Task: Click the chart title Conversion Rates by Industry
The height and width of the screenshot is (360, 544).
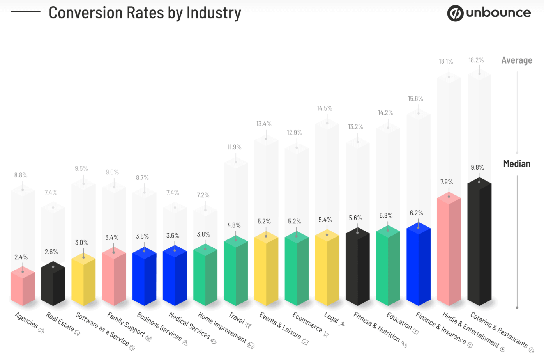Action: pos(145,13)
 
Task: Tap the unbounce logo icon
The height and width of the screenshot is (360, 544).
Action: pos(455,13)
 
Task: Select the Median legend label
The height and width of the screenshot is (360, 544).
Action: pos(516,164)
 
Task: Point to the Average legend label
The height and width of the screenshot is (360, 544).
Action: pos(516,60)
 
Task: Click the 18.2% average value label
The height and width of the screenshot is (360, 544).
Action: pos(476,60)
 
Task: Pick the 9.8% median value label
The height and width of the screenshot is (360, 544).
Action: pos(477,167)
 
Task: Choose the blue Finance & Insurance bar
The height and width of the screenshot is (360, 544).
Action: pos(418,265)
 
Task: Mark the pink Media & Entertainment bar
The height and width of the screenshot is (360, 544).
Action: pos(449,250)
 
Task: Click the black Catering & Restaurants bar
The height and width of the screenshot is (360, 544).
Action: pos(479,242)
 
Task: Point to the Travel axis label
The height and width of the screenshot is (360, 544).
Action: pos(236,317)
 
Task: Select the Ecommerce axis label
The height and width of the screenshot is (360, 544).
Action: pos(307,322)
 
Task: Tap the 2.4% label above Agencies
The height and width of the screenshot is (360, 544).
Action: pos(21,257)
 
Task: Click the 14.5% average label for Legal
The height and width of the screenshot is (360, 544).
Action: pos(324,108)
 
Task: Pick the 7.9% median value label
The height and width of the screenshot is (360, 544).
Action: pos(446,182)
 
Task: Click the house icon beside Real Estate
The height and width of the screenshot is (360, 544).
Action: pos(77,333)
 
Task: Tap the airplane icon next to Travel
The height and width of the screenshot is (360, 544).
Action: pos(248,325)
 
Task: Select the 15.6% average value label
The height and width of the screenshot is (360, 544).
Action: pos(415,99)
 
